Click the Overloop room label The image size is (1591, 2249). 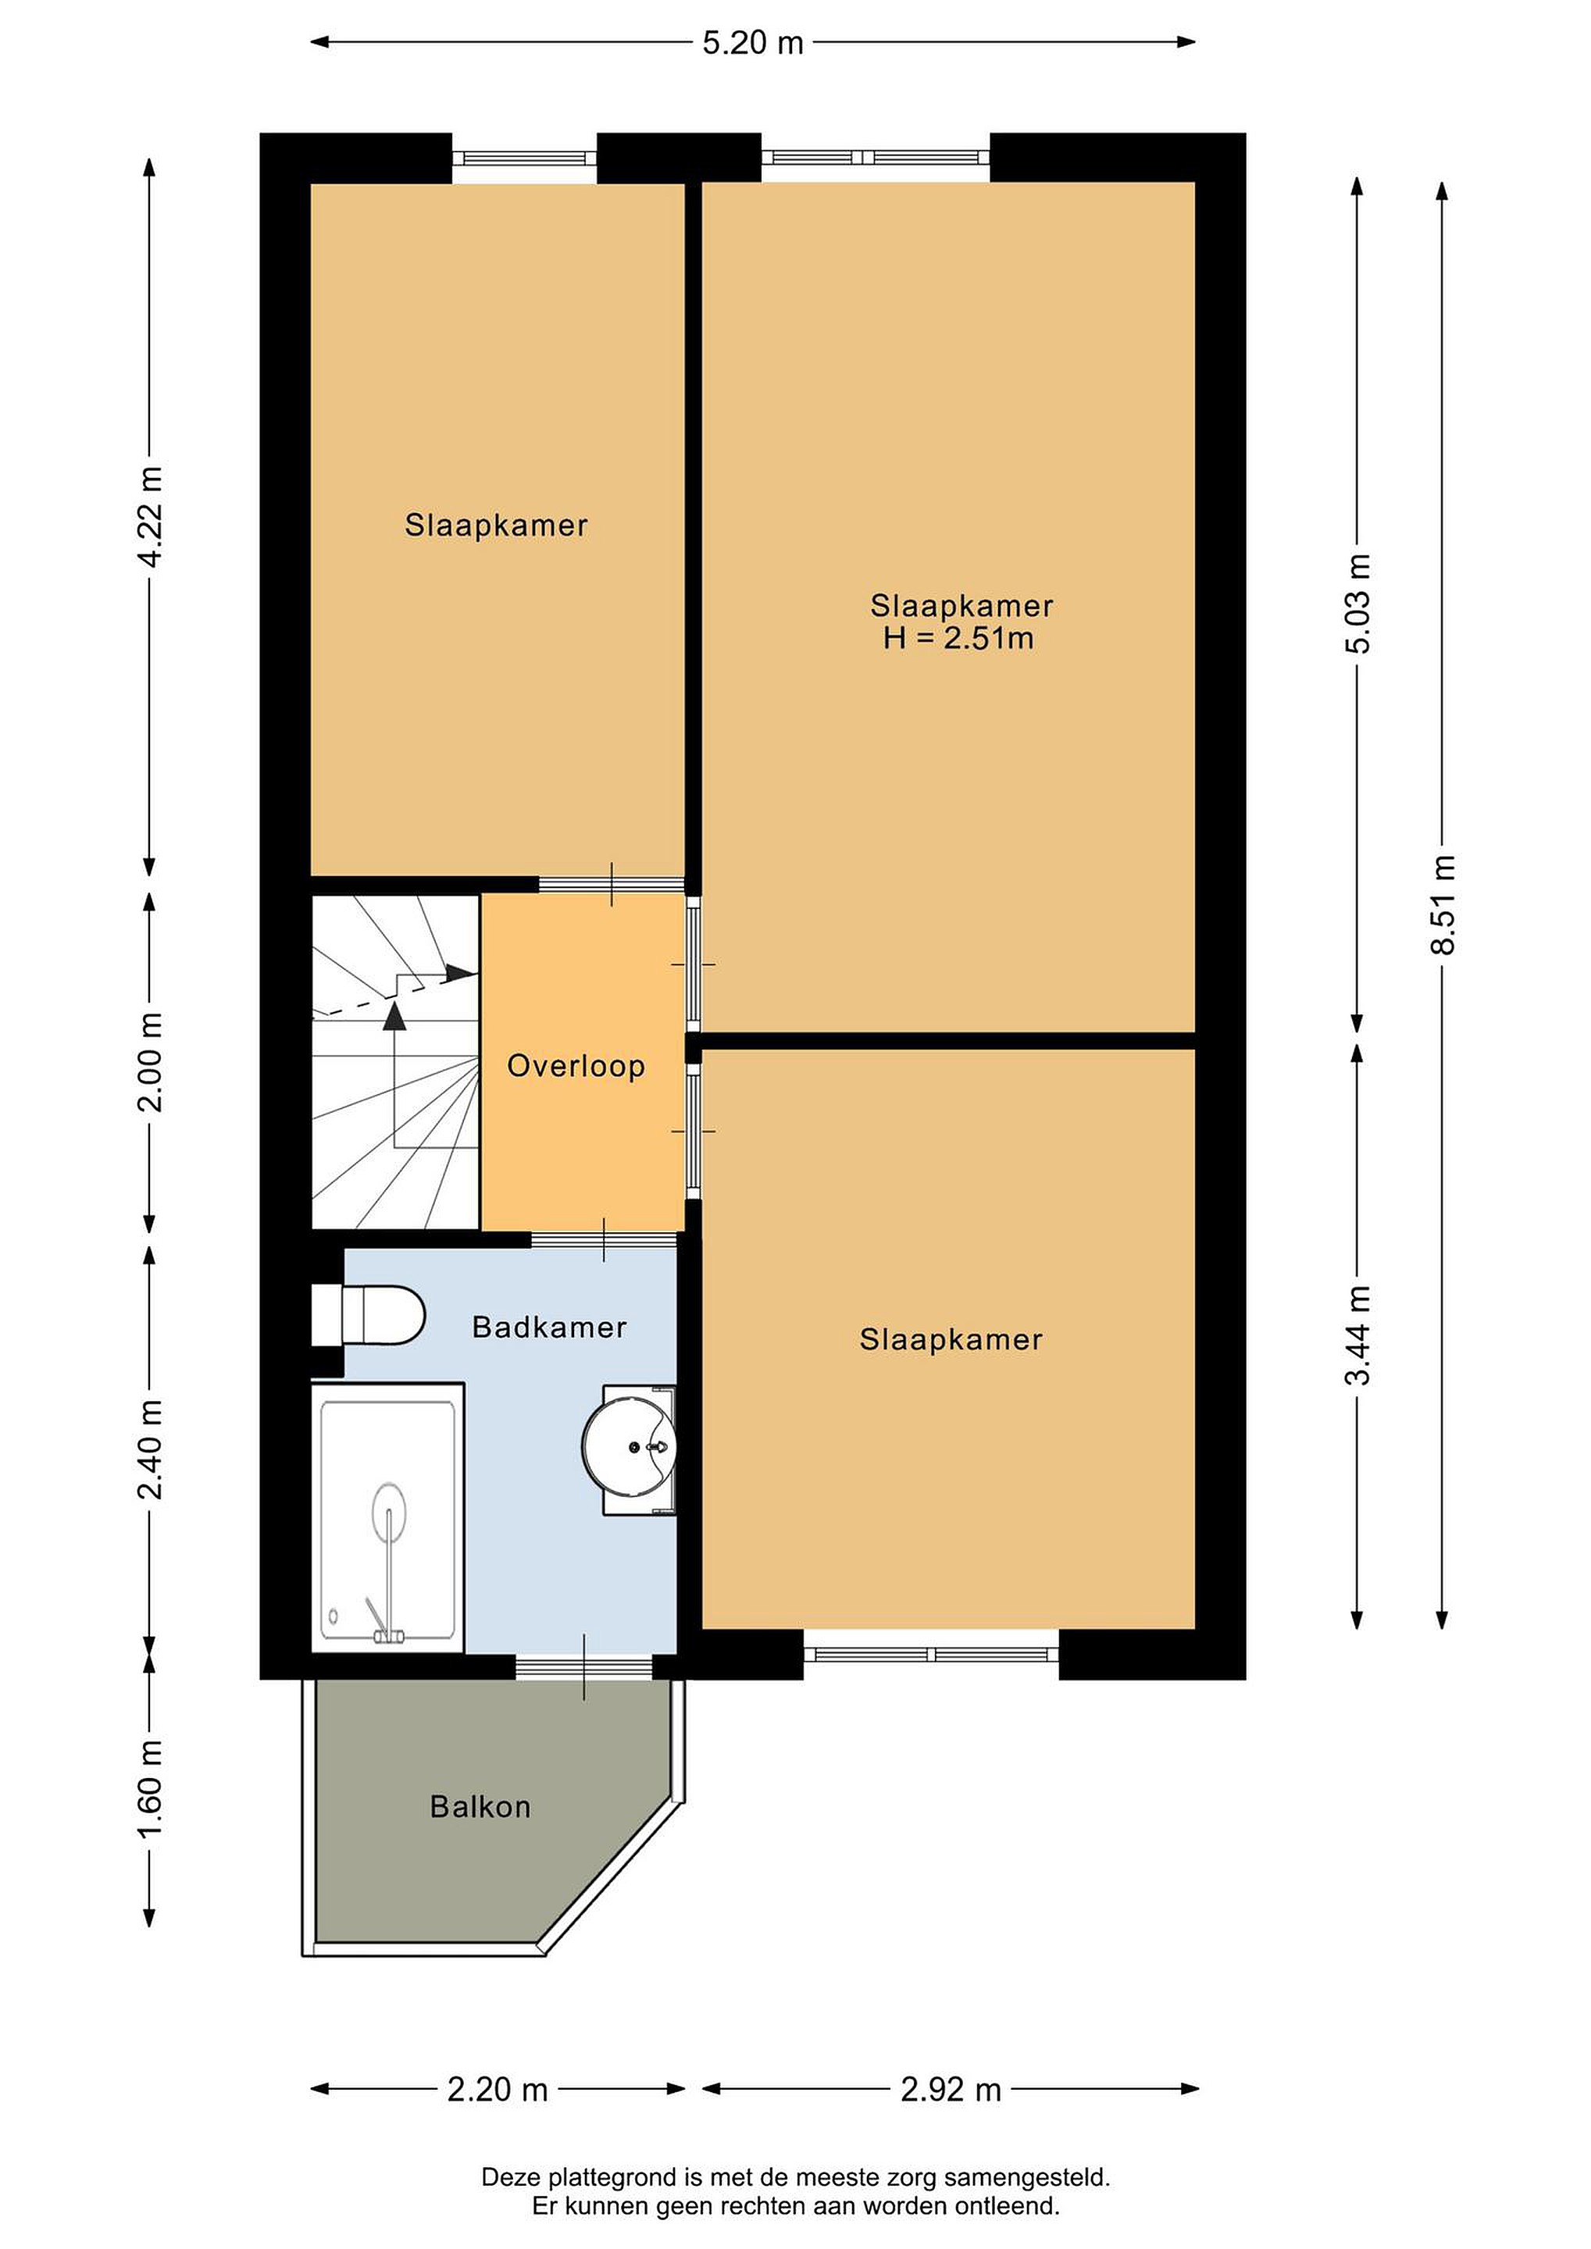pos(576,1066)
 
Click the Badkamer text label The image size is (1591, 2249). pos(550,1328)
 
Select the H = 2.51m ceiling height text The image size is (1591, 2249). pos(959,639)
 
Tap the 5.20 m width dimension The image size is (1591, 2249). pos(752,43)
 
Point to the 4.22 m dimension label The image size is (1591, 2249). pos(150,517)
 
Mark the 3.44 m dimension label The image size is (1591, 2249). pos(1357,1335)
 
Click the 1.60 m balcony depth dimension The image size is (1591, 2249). pos(150,1787)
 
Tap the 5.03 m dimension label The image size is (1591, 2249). pos(1357,604)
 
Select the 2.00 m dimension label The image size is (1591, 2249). pos(150,1062)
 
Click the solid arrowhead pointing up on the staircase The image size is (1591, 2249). pos(394,1017)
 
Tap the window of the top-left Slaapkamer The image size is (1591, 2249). pos(524,158)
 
